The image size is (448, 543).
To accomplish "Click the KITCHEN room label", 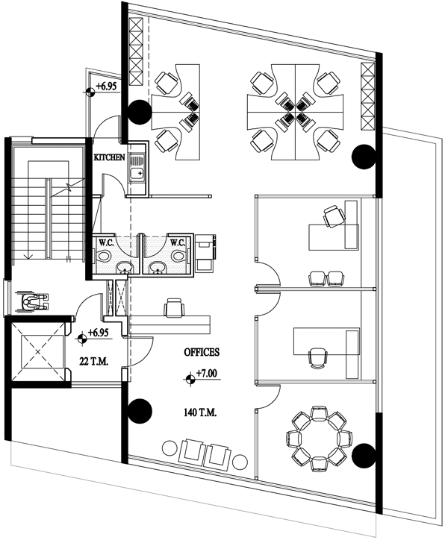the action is pos(109,157).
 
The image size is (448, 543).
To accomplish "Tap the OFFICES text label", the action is pos(202,352).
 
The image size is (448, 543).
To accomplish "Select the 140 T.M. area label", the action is pos(200,412).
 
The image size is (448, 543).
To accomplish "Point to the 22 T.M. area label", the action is pos(93,362).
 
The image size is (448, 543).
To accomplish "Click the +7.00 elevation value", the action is pos(207,373).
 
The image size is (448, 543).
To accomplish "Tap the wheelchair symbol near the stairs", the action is pos(34,301).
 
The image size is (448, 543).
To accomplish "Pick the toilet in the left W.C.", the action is pos(103,257).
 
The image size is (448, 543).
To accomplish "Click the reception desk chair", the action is pos(174,307).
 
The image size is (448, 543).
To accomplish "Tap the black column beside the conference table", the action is pos(364,455).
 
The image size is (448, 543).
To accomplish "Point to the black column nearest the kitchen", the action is pos(140,112).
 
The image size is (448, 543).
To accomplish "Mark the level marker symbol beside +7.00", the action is pos(190,379).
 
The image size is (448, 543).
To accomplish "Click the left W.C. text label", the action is pos(106,242).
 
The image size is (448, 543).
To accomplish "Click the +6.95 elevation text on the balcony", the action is pos(107,87).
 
